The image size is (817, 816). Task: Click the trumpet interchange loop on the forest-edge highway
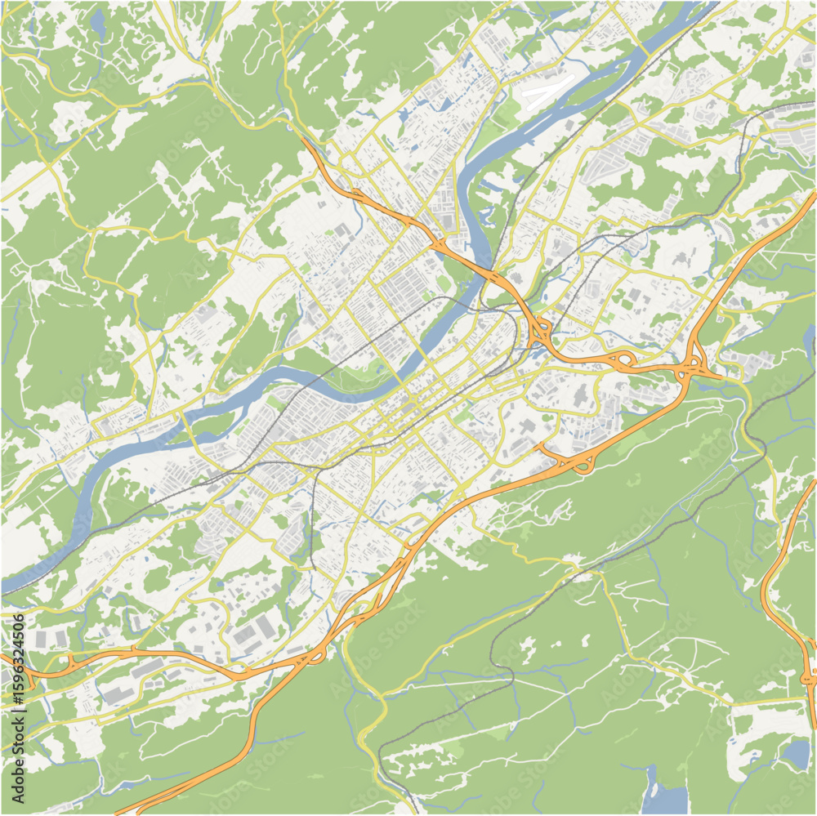click(x=582, y=465)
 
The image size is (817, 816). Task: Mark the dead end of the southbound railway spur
click(x=314, y=567)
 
